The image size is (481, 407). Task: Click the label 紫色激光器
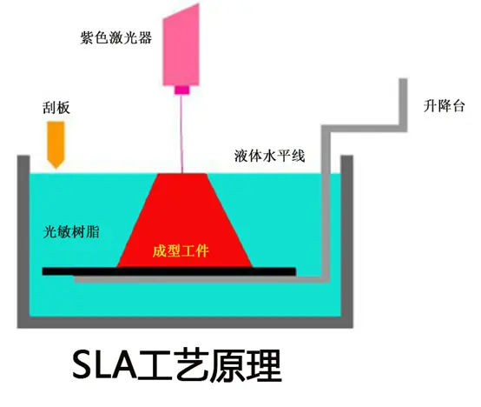click(116, 38)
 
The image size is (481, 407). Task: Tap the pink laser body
click(181, 46)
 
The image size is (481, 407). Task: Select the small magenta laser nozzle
click(182, 90)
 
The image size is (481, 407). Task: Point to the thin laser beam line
click(181, 134)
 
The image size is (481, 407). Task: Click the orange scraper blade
click(56, 144)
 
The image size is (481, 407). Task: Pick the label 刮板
click(56, 108)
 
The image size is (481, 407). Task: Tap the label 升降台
click(444, 106)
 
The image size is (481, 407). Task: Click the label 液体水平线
click(269, 156)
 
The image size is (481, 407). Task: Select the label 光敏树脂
click(71, 231)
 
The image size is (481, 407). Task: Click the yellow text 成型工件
click(181, 251)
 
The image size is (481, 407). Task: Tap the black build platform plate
click(169, 271)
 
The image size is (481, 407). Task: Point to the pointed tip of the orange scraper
click(56, 169)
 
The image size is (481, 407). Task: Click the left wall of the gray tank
click(23, 242)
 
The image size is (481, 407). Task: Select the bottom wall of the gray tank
click(185, 323)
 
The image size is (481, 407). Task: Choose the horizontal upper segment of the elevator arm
click(365, 129)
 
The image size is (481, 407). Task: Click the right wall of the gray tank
click(347, 242)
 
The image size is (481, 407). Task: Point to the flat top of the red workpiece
click(182, 174)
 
